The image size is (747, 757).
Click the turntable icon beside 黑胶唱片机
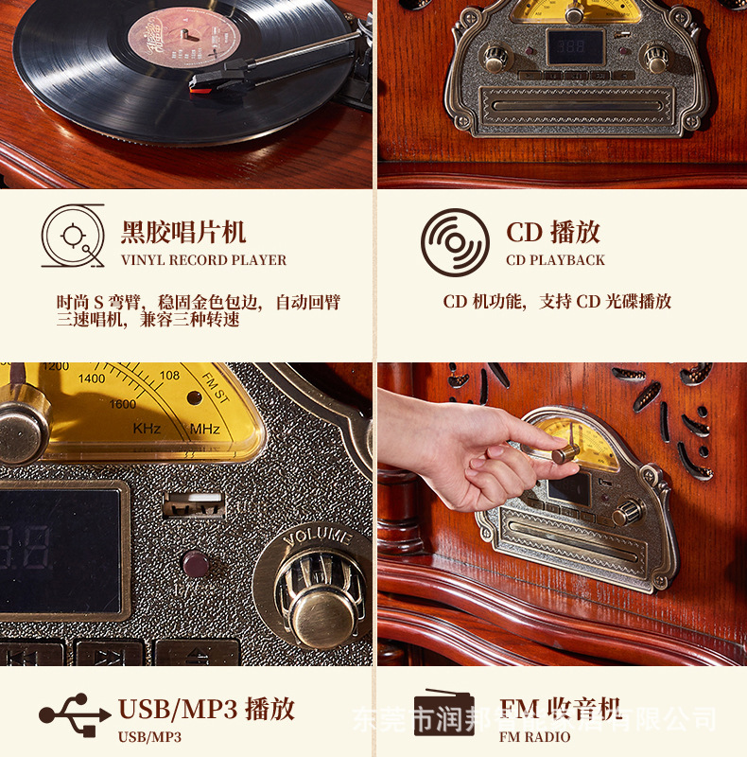point(73,236)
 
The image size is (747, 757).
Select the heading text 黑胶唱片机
point(183,232)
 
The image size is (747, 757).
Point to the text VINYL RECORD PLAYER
point(203,260)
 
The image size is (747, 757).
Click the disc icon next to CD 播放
point(455,242)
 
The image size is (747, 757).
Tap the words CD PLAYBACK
point(555,260)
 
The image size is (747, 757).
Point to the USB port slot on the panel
point(194,502)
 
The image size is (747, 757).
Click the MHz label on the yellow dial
point(204,429)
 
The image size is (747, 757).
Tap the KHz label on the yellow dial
point(148,429)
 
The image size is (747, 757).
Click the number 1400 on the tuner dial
point(92,378)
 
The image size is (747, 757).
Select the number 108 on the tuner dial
point(169,376)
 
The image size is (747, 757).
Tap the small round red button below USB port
point(195,565)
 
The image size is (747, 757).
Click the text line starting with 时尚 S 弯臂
point(198,303)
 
